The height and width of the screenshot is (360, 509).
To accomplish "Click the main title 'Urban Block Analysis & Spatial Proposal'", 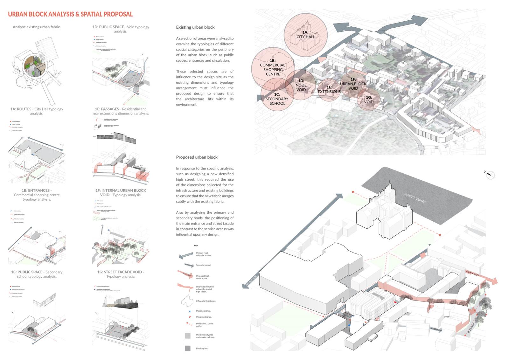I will (x=70, y=14).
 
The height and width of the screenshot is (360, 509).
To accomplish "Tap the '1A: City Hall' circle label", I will (x=306, y=35).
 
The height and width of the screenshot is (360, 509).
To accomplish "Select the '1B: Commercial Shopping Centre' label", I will (x=273, y=67).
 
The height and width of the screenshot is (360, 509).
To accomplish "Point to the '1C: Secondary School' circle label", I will (x=277, y=99).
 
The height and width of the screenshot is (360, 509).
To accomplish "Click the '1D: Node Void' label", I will (x=301, y=85).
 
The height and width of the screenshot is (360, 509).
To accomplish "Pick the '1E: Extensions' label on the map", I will (x=329, y=89).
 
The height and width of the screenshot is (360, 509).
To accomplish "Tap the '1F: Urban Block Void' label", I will (x=353, y=84).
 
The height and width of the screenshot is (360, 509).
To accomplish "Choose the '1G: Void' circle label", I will (x=369, y=100).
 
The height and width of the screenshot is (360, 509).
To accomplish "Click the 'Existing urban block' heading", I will (x=195, y=27).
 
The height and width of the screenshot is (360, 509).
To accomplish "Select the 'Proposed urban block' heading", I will (x=197, y=157).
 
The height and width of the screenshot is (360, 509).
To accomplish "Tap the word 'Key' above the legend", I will (x=196, y=246).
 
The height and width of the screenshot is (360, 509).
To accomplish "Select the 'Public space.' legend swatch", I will (x=188, y=348).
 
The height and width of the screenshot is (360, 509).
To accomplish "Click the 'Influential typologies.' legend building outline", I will (x=187, y=301).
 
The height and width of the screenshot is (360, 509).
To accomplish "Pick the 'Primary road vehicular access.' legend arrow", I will (x=186, y=255).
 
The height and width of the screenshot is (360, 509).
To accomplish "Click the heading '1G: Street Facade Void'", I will (x=121, y=272).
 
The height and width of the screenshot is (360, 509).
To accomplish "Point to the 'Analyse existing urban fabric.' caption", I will (x=37, y=27).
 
